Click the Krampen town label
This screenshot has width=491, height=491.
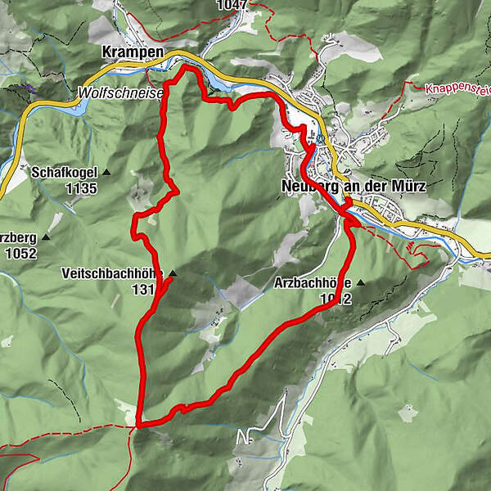(x=133, y=52)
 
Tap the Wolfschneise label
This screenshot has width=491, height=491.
(x=121, y=93)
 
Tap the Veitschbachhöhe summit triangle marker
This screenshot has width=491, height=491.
(x=172, y=273)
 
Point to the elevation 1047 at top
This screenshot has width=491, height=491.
(x=232, y=5)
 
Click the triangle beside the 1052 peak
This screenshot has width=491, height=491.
(x=46, y=237)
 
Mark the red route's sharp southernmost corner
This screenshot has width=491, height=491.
(x=141, y=424)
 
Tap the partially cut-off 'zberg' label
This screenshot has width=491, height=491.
(x=18, y=237)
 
